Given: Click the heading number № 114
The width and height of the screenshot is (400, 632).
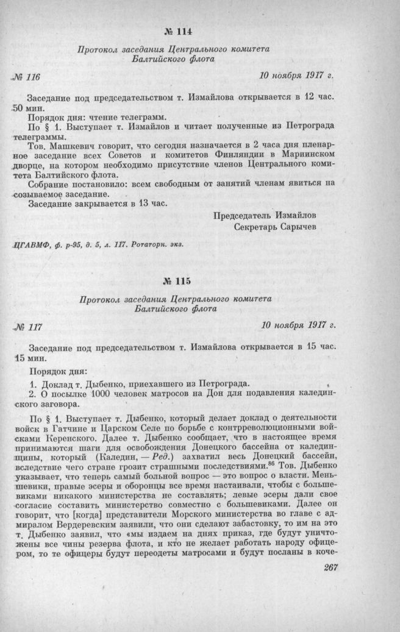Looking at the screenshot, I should point(178,32).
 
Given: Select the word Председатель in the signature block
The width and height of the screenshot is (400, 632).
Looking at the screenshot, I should point(245,215).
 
